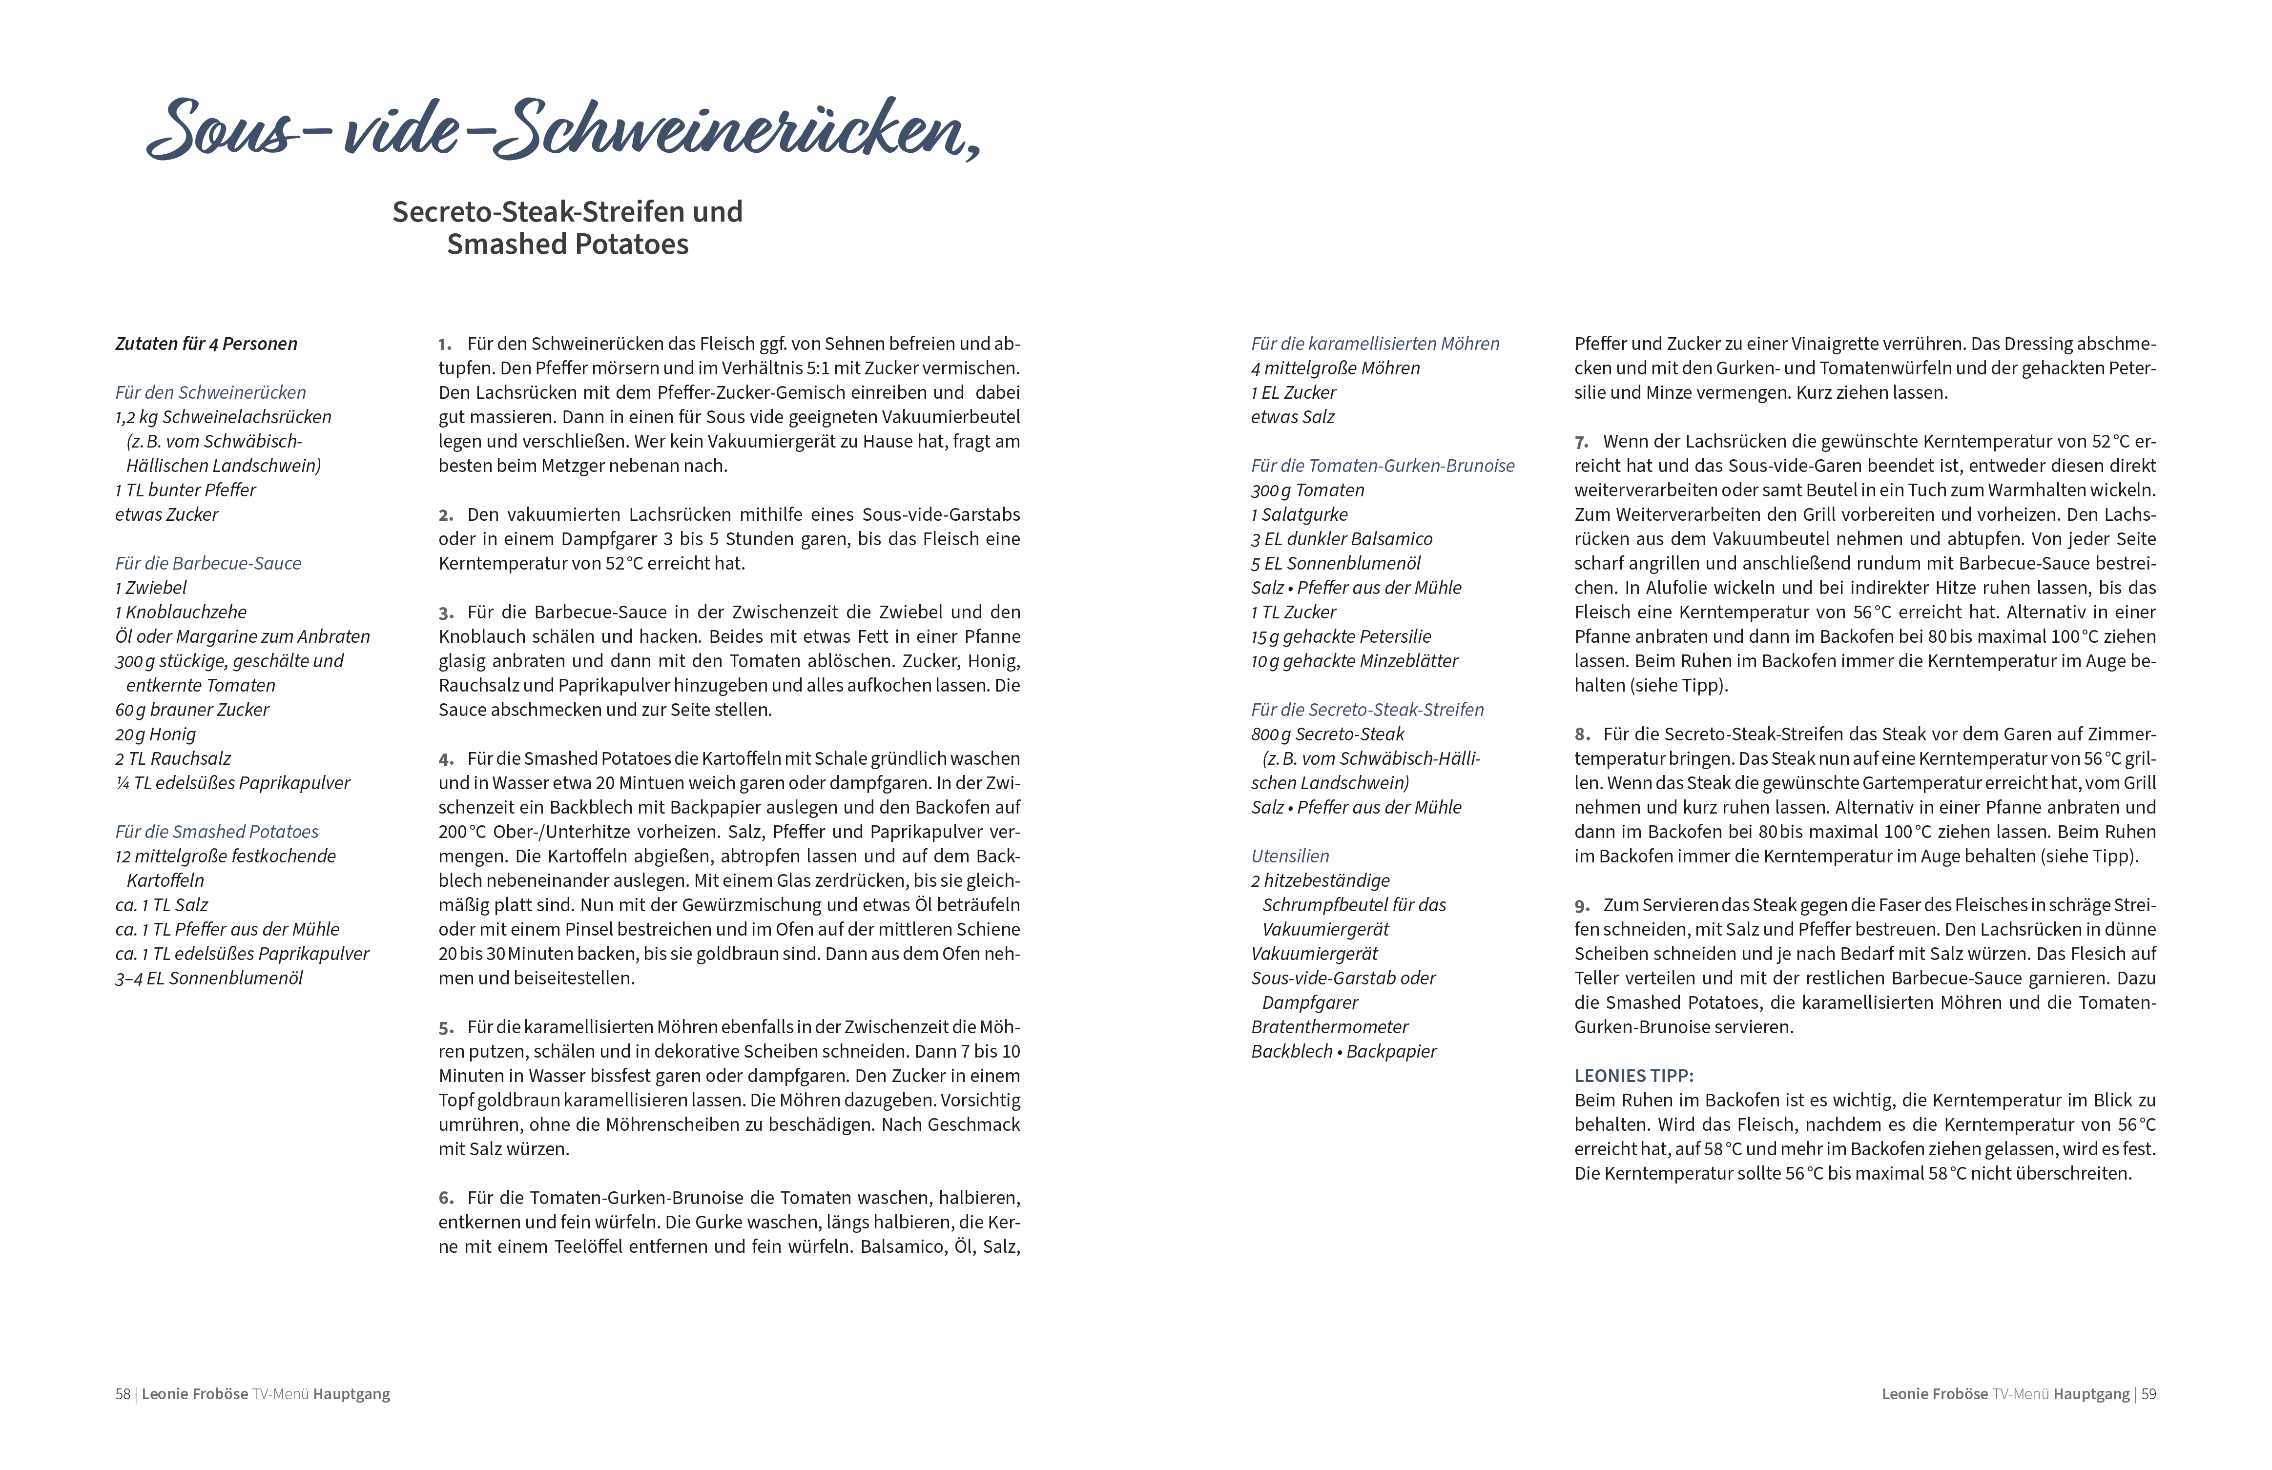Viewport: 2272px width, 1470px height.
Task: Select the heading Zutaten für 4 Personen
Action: coord(206,344)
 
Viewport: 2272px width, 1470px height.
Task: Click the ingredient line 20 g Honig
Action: coord(156,734)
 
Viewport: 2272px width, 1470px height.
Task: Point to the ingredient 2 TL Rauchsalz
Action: coord(173,759)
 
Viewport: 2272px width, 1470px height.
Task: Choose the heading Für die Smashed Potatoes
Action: coord(217,832)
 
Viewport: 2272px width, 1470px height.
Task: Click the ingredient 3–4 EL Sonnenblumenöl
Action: coord(209,979)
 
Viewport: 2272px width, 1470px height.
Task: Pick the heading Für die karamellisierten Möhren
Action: coord(1375,344)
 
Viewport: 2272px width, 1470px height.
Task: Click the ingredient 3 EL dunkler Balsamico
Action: coord(1341,539)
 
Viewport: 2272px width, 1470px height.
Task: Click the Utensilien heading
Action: coord(1290,856)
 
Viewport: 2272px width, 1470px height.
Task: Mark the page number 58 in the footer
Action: coord(122,1394)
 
